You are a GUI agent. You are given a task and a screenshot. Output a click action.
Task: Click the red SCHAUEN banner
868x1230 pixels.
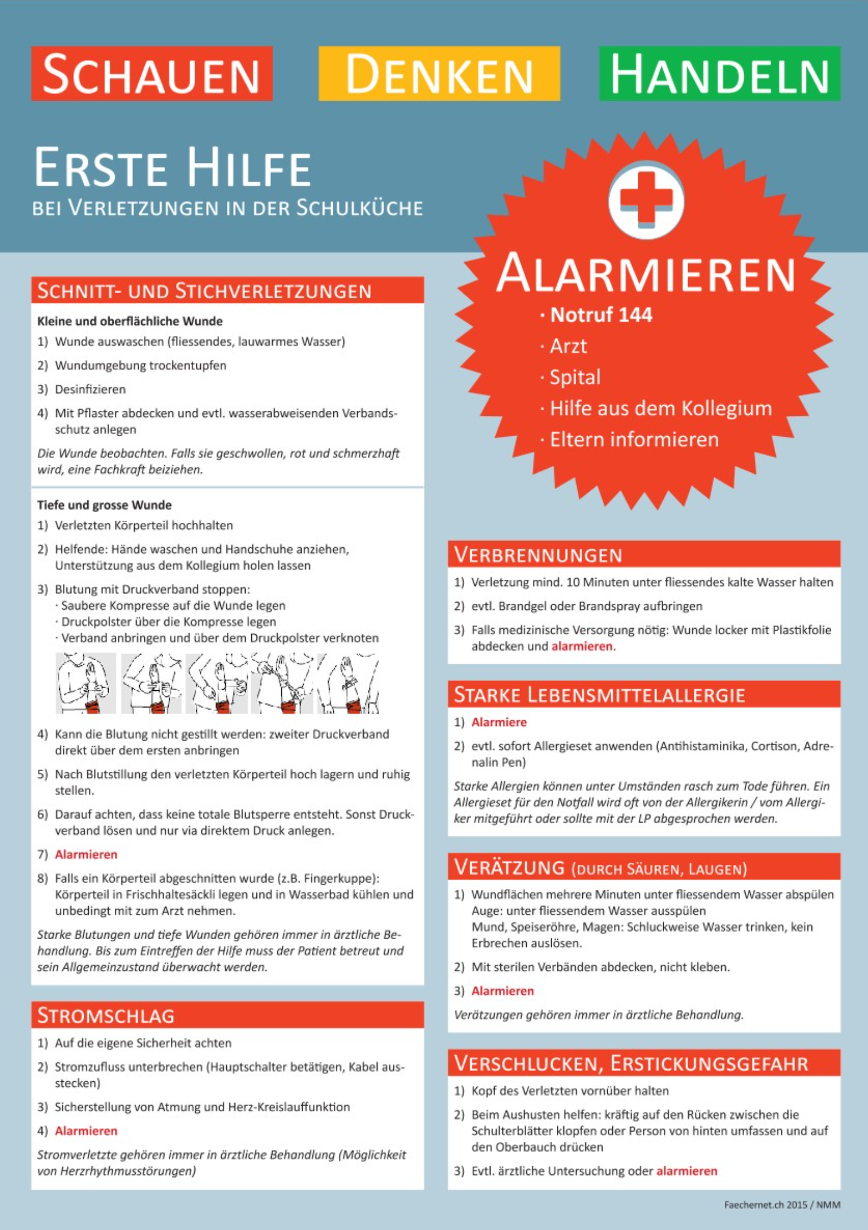click(x=152, y=74)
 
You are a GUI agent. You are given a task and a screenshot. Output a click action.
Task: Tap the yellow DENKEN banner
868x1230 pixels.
click(x=439, y=74)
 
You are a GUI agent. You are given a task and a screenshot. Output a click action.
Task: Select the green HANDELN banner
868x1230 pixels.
click(x=719, y=74)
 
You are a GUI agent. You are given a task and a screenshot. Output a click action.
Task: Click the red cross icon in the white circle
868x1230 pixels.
click(x=646, y=199)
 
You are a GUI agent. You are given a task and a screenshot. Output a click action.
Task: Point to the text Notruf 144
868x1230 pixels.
click(x=601, y=315)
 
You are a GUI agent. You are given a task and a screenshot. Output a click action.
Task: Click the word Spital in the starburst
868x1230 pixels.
click(x=575, y=377)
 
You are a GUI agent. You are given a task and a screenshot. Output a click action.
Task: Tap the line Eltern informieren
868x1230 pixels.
click(x=634, y=439)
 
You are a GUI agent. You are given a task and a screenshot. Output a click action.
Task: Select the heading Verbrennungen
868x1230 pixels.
click(x=538, y=554)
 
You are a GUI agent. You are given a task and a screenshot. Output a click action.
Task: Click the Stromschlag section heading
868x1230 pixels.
click(x=106, y=1015)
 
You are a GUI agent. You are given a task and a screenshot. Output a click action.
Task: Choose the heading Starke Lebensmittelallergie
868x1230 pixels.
click(x=599, y=694)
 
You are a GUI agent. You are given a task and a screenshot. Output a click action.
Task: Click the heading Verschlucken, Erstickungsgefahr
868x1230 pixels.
click(x=631, y=1063)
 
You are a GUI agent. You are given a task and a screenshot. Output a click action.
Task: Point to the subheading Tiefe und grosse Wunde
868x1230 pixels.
click(x=104, y=505)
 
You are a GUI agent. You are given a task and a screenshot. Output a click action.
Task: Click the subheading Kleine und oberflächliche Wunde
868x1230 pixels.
click(x=130, y=321)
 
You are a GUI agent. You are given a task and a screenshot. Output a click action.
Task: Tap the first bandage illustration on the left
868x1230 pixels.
click(x=85, y=683)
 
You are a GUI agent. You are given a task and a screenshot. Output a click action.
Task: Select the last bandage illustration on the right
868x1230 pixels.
click(x=348, y=683)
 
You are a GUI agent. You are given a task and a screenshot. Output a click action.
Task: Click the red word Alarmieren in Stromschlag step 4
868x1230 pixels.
click(x=86, y=1130)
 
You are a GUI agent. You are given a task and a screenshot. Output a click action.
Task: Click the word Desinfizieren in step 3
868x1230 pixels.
click(x=90, y=389)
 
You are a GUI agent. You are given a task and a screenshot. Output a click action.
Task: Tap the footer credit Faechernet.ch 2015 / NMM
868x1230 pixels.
click(x=782, y=1205)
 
